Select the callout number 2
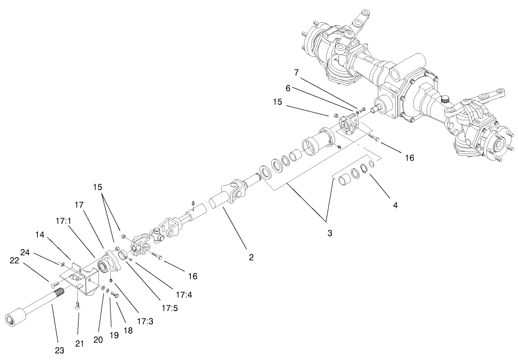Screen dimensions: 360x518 (x=251, y=258)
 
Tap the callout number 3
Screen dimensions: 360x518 (x=329, y=233)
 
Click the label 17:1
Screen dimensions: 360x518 (x=63, y=220)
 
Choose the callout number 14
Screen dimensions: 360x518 (x=41, y=234)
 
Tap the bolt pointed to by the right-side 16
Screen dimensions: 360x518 (x=373, y=139)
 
